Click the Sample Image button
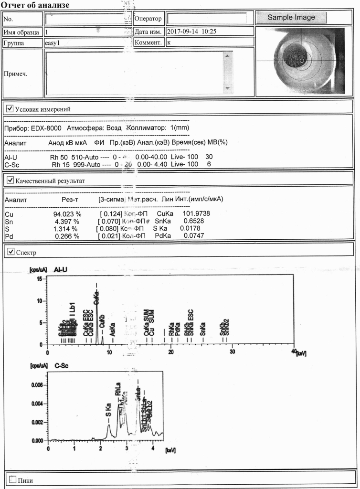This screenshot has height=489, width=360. [291, 18]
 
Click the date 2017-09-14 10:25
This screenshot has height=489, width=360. [191, 32]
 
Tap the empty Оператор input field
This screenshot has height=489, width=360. [206, 18]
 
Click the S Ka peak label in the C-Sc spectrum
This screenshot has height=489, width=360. [108, 410]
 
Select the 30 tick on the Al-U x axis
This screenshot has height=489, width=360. [232, 352]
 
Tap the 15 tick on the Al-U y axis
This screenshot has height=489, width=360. [39, 279]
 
